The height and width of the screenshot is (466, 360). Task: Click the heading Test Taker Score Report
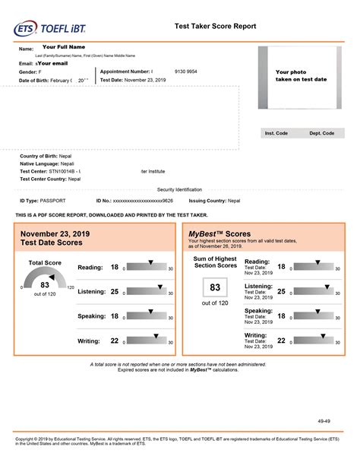[215, 26]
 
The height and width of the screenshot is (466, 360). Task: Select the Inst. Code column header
[276, 133]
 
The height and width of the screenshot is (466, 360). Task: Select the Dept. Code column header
[321, 133]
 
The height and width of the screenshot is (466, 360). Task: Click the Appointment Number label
[125, 71]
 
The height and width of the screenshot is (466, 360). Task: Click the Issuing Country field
[226, 201]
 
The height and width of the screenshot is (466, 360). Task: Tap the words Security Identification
[179, 189]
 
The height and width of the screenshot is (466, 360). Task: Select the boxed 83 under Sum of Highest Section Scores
[215, 287]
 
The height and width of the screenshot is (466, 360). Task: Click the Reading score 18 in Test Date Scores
[115, 268]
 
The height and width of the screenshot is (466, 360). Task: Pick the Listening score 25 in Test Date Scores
[115, 292]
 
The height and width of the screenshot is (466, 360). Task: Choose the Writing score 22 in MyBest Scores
[281, 341]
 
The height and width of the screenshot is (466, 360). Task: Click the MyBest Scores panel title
[219, 234]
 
